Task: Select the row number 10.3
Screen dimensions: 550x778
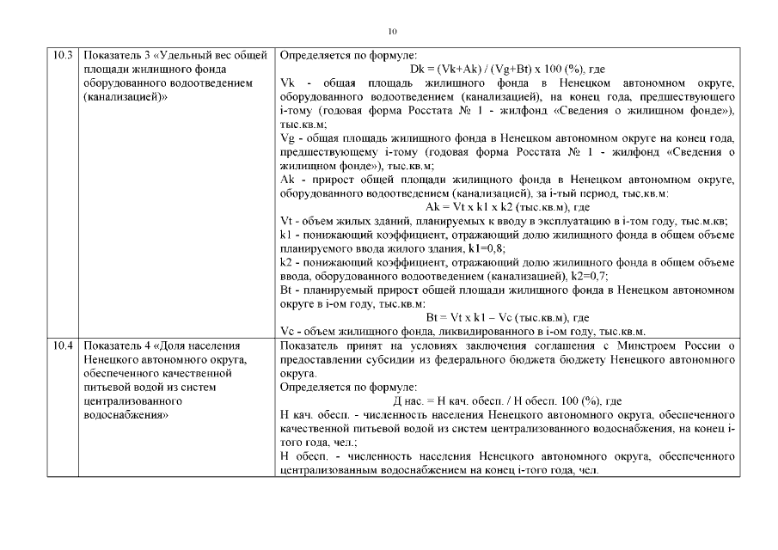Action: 62,56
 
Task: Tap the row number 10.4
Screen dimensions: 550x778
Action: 62,345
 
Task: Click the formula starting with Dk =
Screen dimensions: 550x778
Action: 508,69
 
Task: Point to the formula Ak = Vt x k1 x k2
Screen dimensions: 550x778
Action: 507,207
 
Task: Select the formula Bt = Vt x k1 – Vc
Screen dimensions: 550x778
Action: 507,317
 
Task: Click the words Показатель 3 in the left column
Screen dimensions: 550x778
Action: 117,56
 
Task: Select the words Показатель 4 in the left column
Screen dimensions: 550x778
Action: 117,345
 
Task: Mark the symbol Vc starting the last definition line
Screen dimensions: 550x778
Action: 288,331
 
